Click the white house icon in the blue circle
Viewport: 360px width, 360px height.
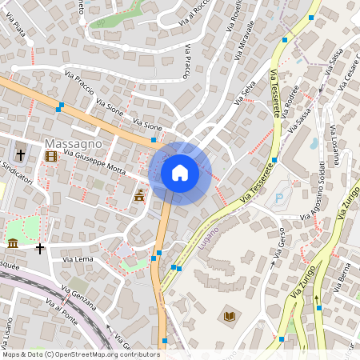(179, 173)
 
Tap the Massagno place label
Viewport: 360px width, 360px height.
(73, 143)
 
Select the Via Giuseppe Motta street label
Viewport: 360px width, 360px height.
(95, 164)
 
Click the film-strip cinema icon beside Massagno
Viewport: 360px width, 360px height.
(52, 155)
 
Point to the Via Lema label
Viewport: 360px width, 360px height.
(78, 260)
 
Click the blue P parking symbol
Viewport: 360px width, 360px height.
(279, 198)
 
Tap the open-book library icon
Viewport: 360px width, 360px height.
(230, 317)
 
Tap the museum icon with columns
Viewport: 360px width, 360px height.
(13, 243)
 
